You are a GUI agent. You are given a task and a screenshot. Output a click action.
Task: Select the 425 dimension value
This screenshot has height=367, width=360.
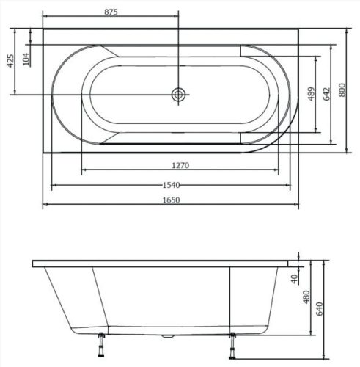pyautogui.click(x=10, y=61)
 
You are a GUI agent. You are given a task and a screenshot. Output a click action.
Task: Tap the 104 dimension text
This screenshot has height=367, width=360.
pyautogui.click(x=27, y=59)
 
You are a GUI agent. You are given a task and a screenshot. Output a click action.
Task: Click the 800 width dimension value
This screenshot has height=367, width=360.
pyautogui.click(x=342, y=90)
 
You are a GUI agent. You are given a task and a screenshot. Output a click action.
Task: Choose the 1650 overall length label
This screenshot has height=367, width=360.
pyautogui.click(x=169, y=200)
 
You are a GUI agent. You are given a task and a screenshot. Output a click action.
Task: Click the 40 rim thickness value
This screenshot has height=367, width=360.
pyautogui.click(x=294, y=277)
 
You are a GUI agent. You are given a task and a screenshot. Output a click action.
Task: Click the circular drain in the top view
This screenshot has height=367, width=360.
pyautogui.click(x=178, y=94)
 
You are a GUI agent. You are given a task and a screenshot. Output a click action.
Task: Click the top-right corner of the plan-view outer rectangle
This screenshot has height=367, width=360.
pyautogui.click(x=296, y=29)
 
